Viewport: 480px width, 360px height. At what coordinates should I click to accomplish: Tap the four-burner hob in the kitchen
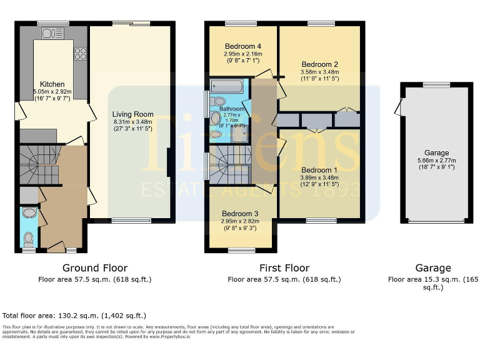80,54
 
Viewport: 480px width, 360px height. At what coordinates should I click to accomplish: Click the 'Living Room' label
132,114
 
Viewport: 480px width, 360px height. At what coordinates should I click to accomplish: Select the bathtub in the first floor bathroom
229,86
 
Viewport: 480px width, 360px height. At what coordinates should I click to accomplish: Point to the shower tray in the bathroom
240,134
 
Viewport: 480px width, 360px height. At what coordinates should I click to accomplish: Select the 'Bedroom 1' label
320,170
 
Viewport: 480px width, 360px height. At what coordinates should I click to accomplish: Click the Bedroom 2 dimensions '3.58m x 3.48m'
320,72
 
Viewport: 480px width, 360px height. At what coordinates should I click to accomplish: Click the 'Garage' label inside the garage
437,153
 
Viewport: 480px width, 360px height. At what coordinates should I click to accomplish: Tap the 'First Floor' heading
284,268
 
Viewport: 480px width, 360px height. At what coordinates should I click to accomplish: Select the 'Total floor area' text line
74,316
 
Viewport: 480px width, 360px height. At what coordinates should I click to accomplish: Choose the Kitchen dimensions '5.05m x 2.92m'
52,91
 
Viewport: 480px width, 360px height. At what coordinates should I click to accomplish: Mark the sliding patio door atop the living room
131,24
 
